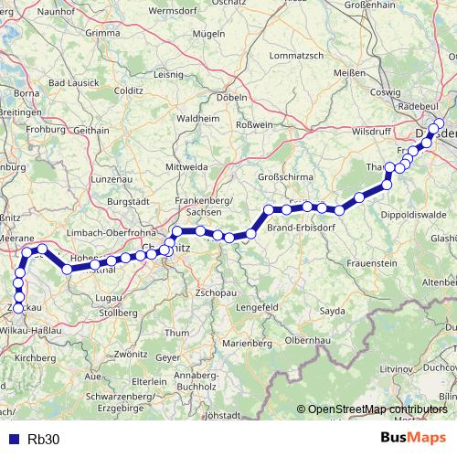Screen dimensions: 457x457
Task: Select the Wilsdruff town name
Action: pos(371,131)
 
